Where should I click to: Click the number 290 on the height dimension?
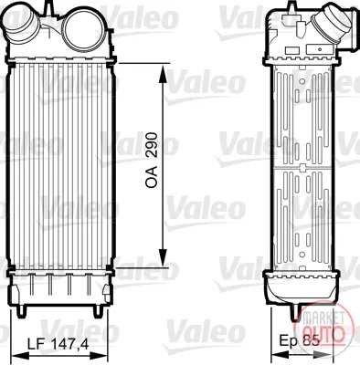point(152,145)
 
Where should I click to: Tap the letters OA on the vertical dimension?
point(152,177)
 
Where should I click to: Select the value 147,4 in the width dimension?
point(69,345)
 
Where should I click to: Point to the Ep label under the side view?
point(290,340)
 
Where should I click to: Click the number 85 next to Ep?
point(312,340)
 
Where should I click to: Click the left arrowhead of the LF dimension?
point(20,356)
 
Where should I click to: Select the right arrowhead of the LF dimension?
point(99,356)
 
